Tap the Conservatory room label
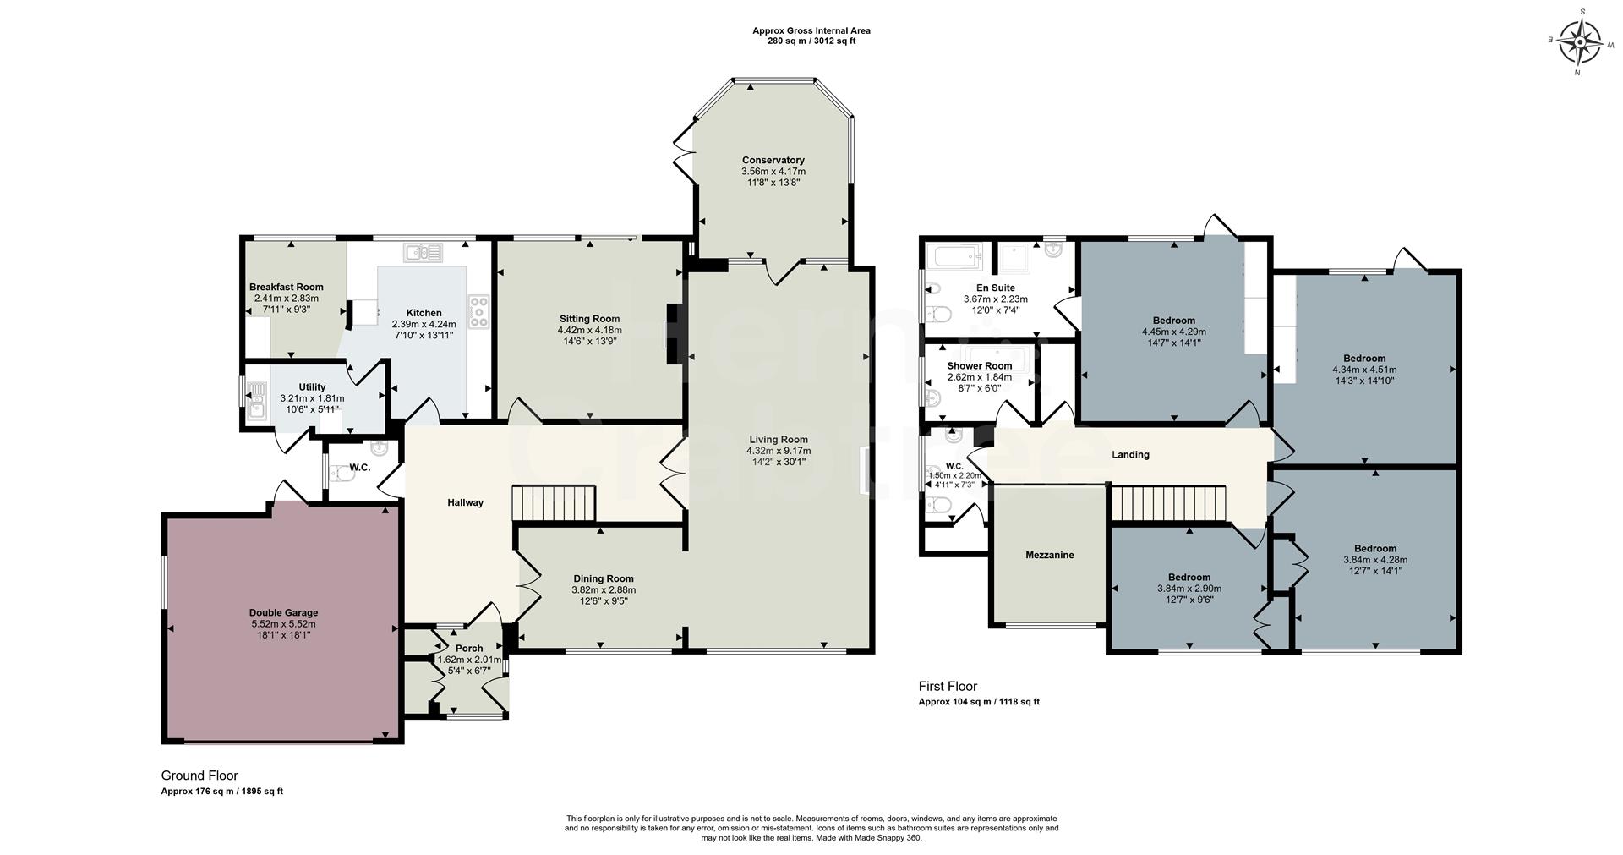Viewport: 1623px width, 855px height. point(773,160)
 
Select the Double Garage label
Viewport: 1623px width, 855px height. point(283,612)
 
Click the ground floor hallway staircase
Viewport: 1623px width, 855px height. point(555,503)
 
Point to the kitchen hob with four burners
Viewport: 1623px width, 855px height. point(478,310)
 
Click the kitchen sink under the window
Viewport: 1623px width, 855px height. point(424,251)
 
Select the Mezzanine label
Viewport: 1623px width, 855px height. point(1049,555)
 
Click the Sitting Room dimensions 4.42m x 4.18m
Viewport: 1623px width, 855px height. point(589,330)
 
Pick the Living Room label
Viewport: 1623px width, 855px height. point(778,439)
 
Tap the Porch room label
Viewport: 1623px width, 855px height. point(469,649)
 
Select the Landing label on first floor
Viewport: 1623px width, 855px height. point(1130,454)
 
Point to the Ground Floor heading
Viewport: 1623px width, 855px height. point(199,775)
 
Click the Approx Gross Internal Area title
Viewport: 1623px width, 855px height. point(811,30)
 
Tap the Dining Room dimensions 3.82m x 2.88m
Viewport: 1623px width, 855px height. point(603,590)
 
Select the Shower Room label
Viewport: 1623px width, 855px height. point(979,366)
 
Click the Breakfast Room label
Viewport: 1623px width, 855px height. point(286,287)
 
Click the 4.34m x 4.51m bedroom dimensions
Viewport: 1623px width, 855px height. point(1363,370)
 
